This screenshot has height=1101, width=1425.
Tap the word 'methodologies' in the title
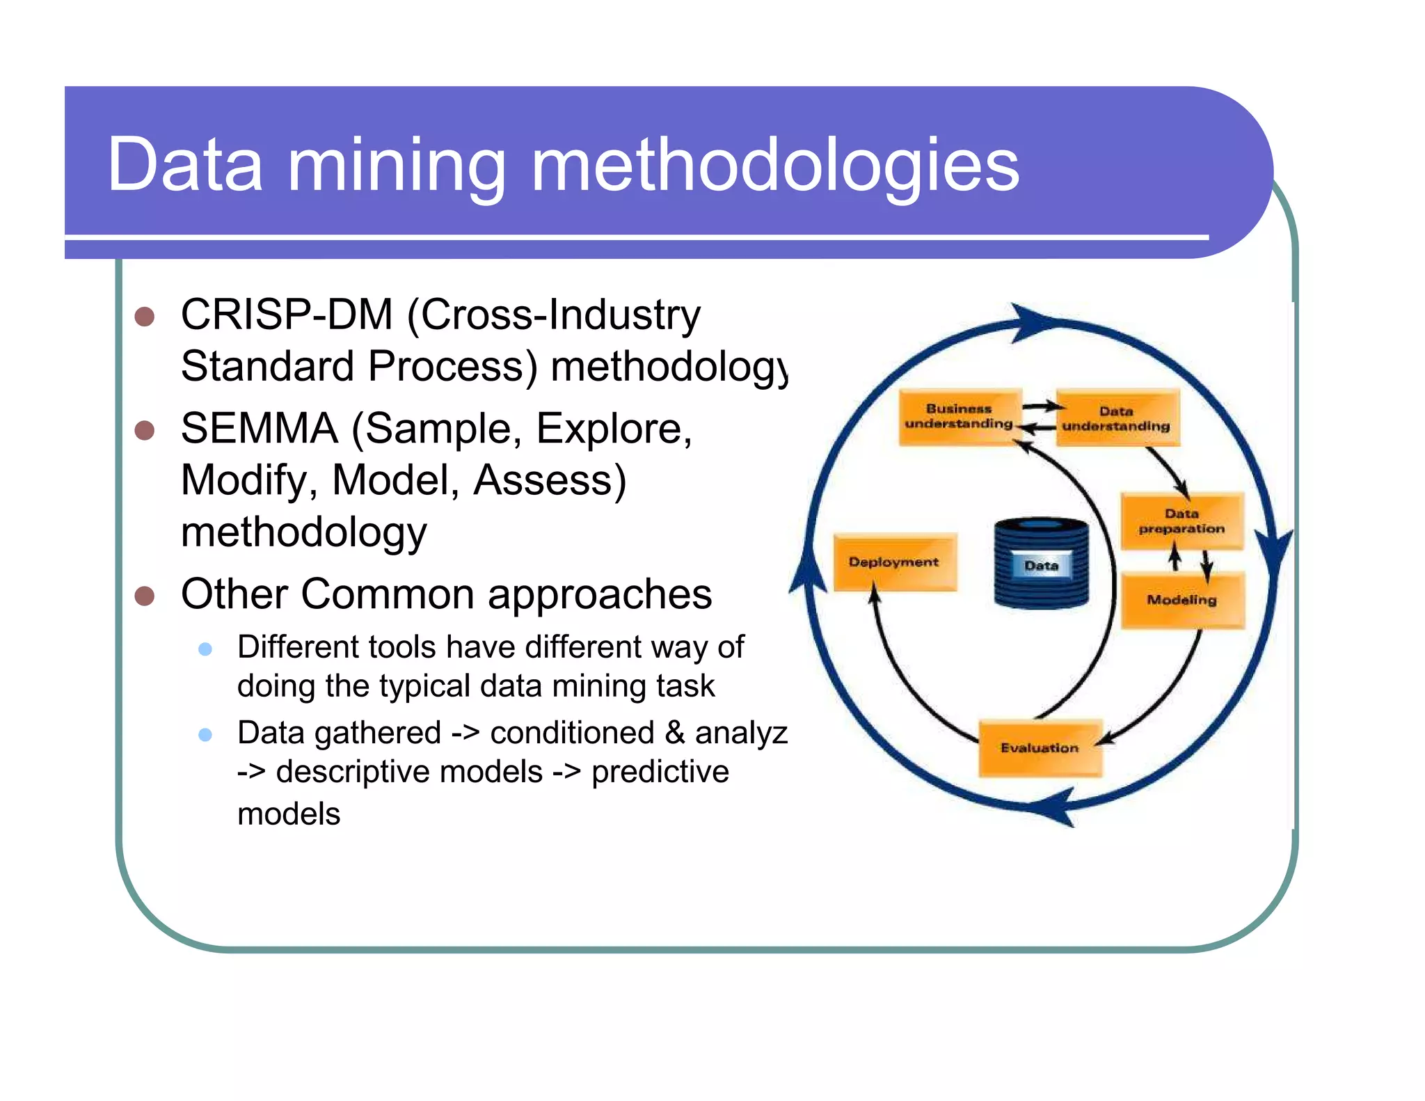(x=774, y=167)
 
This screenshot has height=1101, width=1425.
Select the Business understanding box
(x=959, y=417)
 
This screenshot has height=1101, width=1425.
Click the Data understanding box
(x=1117, y=418)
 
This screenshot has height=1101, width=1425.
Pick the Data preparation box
(x=1181, y=521)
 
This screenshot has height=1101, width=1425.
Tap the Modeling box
(x=1181, y=600)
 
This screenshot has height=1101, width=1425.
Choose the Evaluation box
(x=1040, y=748)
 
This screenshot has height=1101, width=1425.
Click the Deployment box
(x=894, y=562)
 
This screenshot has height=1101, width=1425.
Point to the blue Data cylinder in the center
(x=1042, y=564)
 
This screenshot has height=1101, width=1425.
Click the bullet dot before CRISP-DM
(x=144, y=317)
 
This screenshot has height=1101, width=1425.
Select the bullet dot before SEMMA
(x=144, y=430)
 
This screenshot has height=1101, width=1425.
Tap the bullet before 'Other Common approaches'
(x=144, y=596)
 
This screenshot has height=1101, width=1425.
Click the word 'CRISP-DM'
(x=287, y=315)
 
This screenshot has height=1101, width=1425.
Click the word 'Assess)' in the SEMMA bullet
(x=550, y=480)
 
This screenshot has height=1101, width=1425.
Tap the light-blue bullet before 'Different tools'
(x=205, y=649)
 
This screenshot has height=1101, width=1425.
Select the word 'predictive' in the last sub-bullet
(x=660, y=772)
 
